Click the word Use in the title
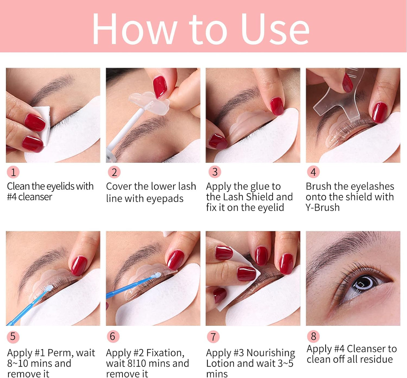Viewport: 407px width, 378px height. click(275, 28)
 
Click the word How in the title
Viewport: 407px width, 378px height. click(135, 28)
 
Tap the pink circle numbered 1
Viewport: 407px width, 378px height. click(13, 172)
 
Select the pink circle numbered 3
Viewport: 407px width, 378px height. click(215, 172)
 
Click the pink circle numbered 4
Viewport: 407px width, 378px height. click(313, 172)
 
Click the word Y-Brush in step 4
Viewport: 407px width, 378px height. click(323, 207)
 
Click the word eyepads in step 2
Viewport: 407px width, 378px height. click(165, 199)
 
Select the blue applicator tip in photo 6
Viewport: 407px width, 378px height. click(157, 275)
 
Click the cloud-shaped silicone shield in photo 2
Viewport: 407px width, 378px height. click(149, 103)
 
